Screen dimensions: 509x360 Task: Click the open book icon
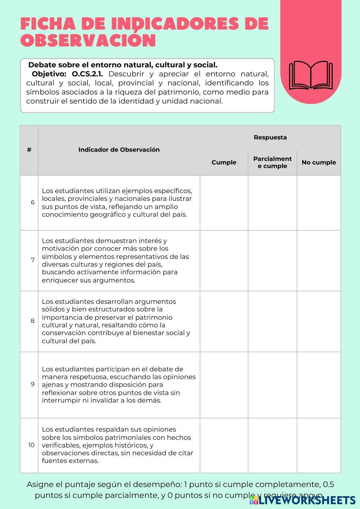(311, 75)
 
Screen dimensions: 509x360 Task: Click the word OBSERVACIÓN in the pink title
(88, 41)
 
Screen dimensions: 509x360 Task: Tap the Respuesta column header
(270, 137)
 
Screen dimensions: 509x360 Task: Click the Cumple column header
(224, 162)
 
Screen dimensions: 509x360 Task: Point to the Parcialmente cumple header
(273, 162)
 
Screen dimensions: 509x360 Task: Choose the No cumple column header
(319, 162)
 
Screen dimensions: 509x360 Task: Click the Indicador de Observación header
(119, 150)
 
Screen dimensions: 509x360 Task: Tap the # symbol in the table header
(29, 150)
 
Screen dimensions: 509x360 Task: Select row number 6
(33, 202)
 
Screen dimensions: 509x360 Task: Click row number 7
(33, 260)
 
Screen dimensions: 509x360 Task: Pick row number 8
(33, 321)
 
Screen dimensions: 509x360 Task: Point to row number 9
(33, 384)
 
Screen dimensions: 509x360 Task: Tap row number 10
(32, 445)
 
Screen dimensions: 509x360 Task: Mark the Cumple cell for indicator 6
(224, 203)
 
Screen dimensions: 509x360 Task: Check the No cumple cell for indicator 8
(319, 321)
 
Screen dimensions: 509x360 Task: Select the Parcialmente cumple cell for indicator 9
(273, 384)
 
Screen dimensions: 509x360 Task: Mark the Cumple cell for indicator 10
(224, 445)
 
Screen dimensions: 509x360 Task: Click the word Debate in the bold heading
(41, 65)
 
